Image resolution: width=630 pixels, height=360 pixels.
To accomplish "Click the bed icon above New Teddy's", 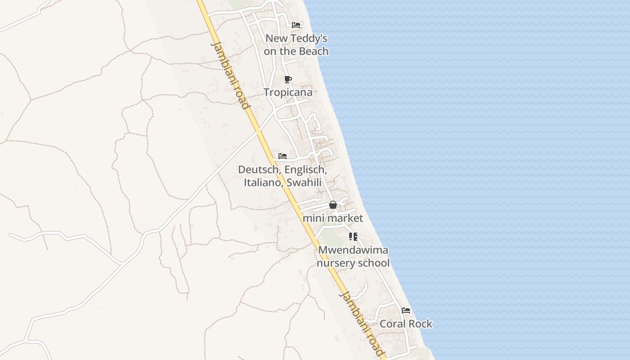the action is [x=296, y=25].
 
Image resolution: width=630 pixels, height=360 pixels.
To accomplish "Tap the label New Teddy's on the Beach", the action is [x=296, y=45].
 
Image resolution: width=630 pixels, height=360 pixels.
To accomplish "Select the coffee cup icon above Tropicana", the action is [x=288, y=80].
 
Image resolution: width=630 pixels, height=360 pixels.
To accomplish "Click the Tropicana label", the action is [x=288, y=92].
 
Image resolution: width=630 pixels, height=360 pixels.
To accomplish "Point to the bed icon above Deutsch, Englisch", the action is [x=283, y=156].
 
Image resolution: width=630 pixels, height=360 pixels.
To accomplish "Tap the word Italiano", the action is [x=263, y=182].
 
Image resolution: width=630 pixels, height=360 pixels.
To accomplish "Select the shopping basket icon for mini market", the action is [x=333, y=205].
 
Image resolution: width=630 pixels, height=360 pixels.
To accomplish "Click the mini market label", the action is [x=333, y=218].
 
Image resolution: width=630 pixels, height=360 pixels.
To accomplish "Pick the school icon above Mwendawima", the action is [x=353, y=236].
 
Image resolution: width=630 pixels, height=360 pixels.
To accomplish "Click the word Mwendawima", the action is [x=353, y=250].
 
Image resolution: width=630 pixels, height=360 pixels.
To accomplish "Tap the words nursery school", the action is [x=353, y=263].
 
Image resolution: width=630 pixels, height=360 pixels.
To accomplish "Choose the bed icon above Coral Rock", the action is [x=406, y=310].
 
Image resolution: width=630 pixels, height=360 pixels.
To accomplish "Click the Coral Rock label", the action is [x=406, y=324].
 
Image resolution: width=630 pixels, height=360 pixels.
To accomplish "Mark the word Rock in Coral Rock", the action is [x=419, y=324].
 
